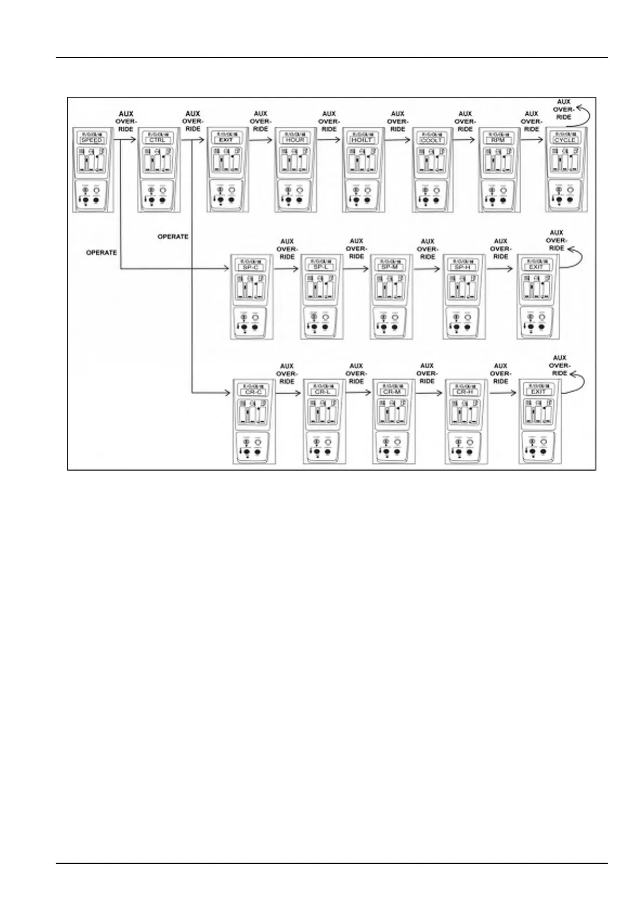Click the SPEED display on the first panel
(x=92, y=140)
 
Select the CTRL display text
(x=159, y=140)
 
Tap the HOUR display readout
(x=295, y=140)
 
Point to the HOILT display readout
(x=362, y=140)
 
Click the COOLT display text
(x=431, y=140)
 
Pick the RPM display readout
(x=498, y=140)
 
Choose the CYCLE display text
(x=565, y=140)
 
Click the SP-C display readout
(x=251, y=267)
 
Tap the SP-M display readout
(x=390, y=267)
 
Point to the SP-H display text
(x=463, y=267)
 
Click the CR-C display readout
(x=253, y=392)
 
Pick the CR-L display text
(x=323, y=392)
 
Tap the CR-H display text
(x=465, y=392)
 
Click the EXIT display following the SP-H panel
(x=536, y=267)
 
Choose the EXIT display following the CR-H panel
(x=538, y=392)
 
